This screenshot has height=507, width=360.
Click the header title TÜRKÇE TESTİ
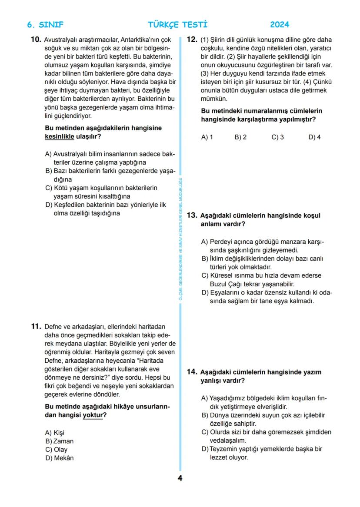tap(178, 25)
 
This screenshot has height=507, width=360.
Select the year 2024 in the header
tap(280, 25)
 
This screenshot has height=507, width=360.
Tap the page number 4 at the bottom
tap(180, 478)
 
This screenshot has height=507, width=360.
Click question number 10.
tap(36, 40)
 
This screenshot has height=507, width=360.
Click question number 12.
tap(192, 40)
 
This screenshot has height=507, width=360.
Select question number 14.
tap(192, 372)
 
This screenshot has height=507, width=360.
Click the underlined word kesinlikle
tap(60, 136)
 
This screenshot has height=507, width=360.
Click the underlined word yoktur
tap(93, 415)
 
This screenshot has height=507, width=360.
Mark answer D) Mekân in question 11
tap(60, 458)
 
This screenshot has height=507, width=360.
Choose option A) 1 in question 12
tap(207, 137)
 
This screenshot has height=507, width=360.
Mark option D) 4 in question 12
tap(314, 137)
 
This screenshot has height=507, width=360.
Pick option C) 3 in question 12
tap(277, 137)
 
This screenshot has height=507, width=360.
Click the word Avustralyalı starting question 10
tap(60, 40)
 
